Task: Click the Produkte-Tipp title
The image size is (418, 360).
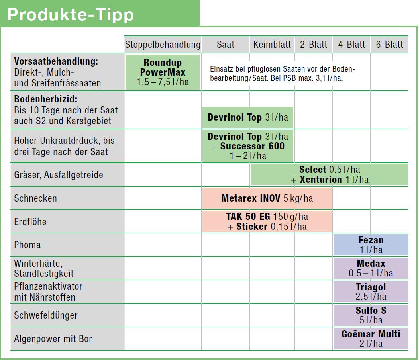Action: [x=71, y=15]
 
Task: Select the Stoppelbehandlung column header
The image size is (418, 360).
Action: [x=163, y=44]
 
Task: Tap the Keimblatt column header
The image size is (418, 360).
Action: [x=272, y=44]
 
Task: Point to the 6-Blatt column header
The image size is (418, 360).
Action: [x=389, y=44]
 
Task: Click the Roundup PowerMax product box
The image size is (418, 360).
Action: [x=163, y=72]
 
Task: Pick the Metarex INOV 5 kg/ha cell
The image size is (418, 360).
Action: [x=267, y=198]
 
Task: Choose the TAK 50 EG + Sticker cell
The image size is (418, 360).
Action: [x=267, y=221]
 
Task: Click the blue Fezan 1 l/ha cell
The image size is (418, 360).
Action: [x=371, y=245]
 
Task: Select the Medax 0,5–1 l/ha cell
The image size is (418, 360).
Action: [x=371, y=268]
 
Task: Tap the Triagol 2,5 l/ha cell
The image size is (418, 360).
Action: [x=371, y=292]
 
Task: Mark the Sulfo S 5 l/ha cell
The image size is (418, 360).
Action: [x=371, y=315]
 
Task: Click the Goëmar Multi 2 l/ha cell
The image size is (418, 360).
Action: [x=371, y=338]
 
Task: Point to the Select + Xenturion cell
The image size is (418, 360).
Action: [x=329, y=174]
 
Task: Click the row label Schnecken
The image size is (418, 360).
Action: [x=35, y=198]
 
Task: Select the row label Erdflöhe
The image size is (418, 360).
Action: [x=30, y=221]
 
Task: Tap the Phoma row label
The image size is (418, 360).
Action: [x=27, y=245]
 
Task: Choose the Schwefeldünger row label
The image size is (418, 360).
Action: [x=46, y=315]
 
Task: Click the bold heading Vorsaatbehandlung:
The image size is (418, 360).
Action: [x=56, y=62]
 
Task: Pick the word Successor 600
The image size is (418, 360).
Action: [x=252, y=146]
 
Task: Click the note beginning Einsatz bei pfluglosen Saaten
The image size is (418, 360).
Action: [x=282, y=74]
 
